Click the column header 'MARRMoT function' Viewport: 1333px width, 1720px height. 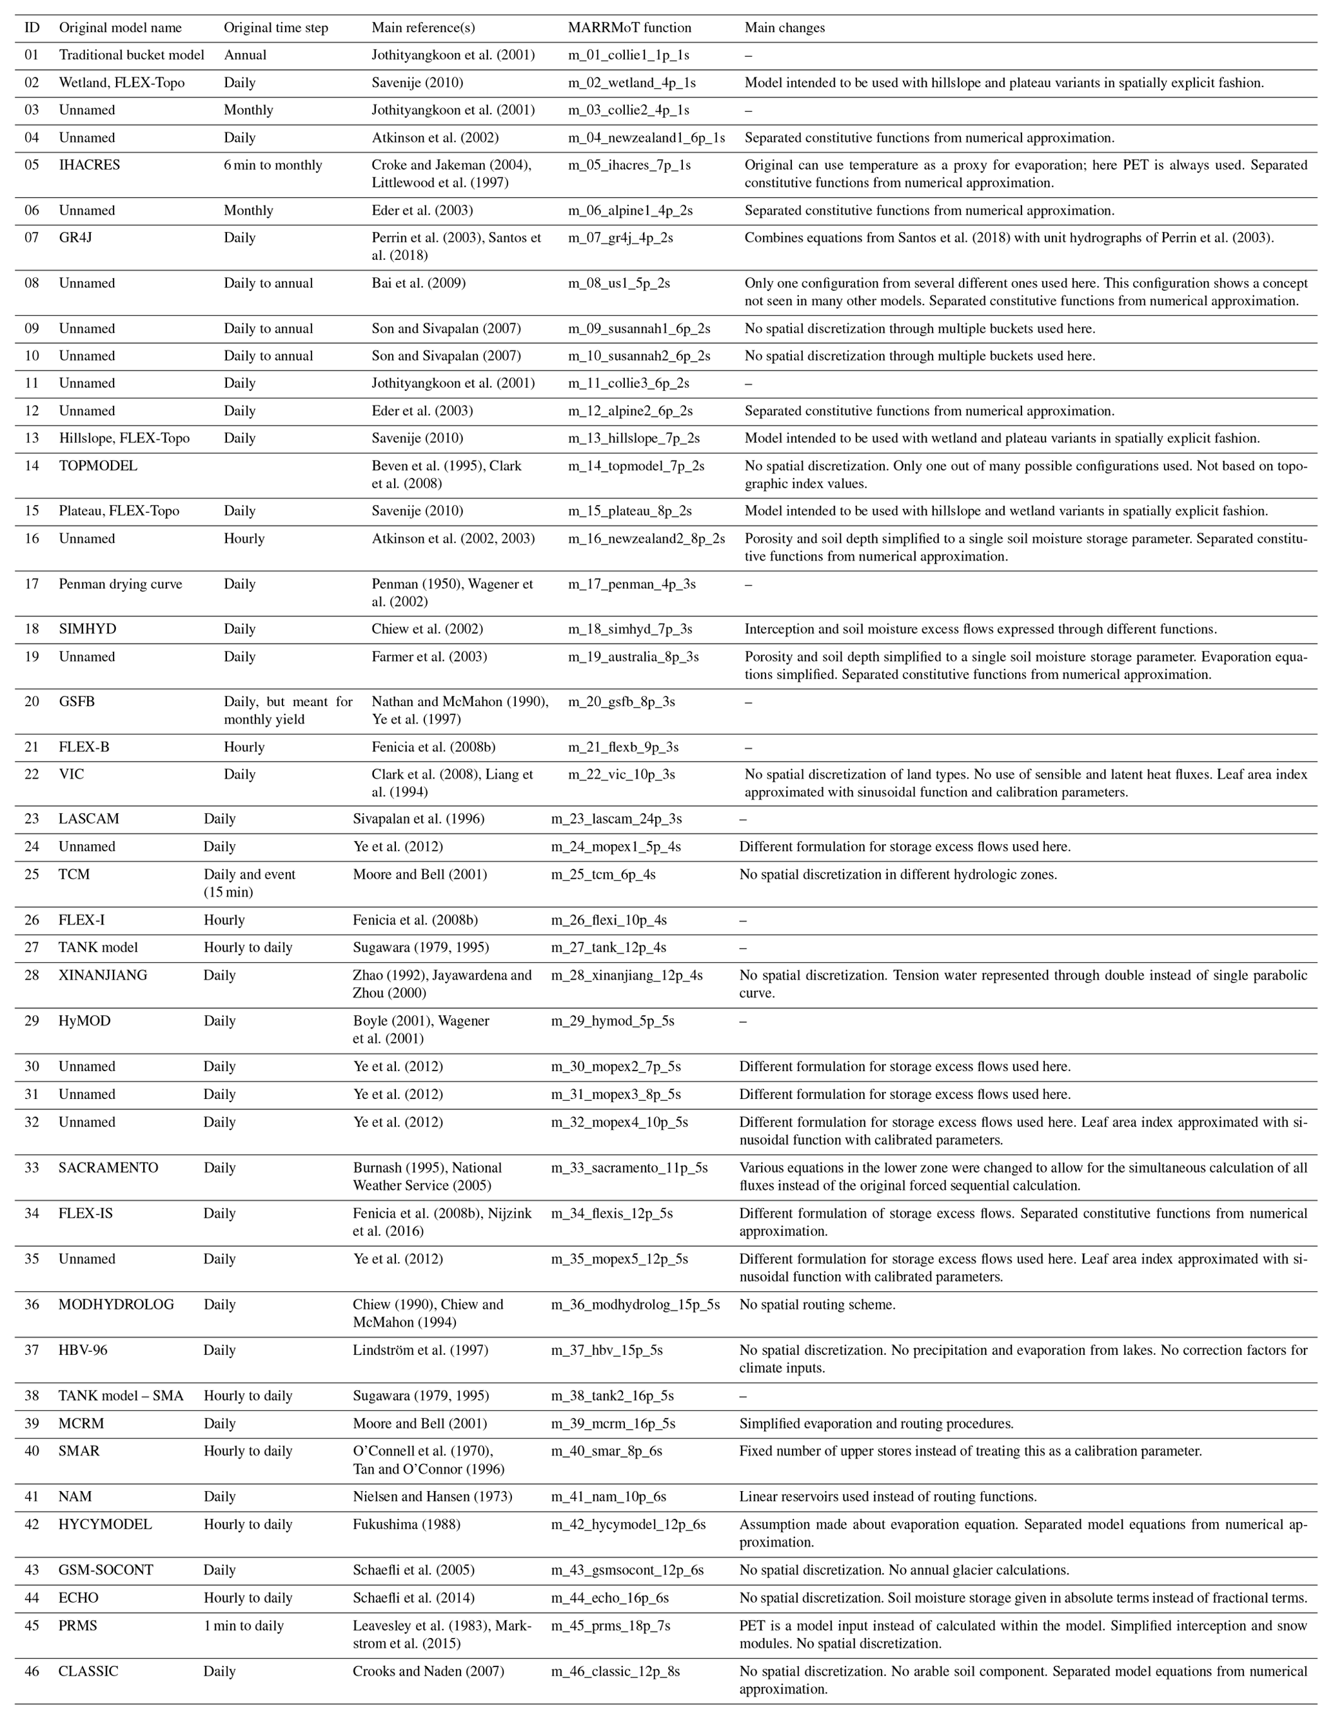coord(629,28)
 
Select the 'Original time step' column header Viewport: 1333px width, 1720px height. coord(275,28)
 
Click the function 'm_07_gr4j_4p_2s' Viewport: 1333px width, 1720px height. coord(620,237)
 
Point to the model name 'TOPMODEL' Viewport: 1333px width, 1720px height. coord(97,466)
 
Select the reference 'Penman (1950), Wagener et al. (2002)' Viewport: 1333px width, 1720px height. coord(452,592)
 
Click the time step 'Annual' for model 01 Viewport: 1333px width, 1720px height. coord(245,55)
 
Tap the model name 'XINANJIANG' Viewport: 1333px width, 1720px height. coord(103,975)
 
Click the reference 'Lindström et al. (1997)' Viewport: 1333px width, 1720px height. coord(420,1350)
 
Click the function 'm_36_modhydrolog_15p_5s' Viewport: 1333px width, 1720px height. coord(635,1304)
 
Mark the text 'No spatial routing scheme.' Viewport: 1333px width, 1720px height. coord(816,1304)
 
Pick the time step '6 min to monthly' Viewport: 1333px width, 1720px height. coord(272,164)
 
